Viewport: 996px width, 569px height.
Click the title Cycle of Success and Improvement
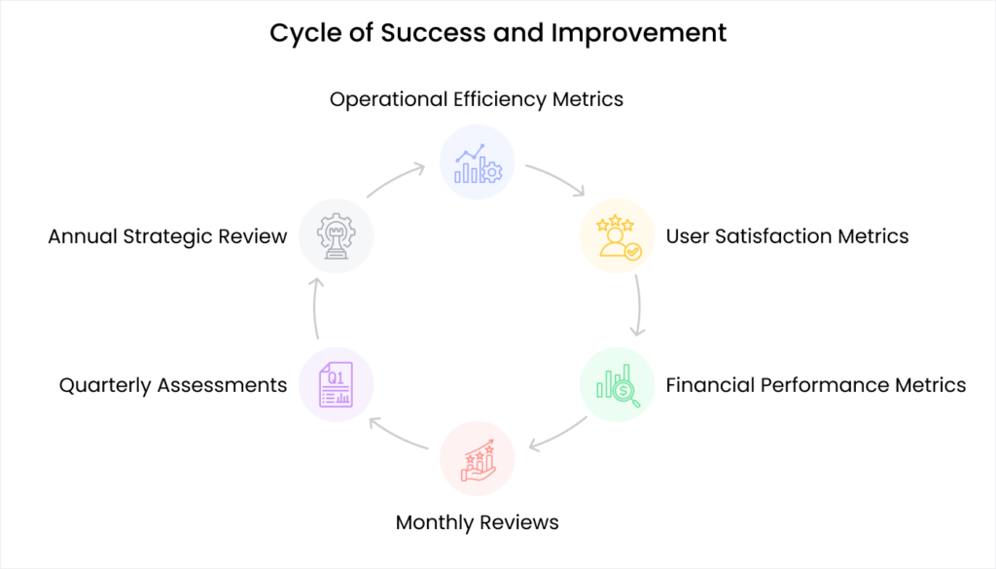pos(498,32)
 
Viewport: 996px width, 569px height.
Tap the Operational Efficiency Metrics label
pos(477,99)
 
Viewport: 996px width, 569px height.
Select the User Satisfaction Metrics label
pos(787,236)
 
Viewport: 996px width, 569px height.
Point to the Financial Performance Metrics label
pos(816,385)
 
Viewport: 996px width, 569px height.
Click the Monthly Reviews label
pos(477,522)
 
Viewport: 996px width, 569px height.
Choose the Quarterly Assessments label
pos(173,385)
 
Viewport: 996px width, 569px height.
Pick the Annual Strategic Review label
pos(167,236)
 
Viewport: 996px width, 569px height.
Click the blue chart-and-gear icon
pos(477,162)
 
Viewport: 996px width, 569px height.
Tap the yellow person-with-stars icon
pos(618,236)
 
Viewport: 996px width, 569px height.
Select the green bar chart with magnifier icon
pos(618,385)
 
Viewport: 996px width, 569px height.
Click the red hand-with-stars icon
pos(477,458)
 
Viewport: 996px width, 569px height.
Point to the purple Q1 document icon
pos(337,385)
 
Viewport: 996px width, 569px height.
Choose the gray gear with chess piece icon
pos(337,236)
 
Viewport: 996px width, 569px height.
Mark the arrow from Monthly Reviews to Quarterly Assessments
pos(399,435)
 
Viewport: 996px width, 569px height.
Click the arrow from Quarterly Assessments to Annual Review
pos(315,311)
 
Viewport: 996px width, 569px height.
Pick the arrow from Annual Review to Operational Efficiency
pos(397,179)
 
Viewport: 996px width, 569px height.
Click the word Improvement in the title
pos(639,32)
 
